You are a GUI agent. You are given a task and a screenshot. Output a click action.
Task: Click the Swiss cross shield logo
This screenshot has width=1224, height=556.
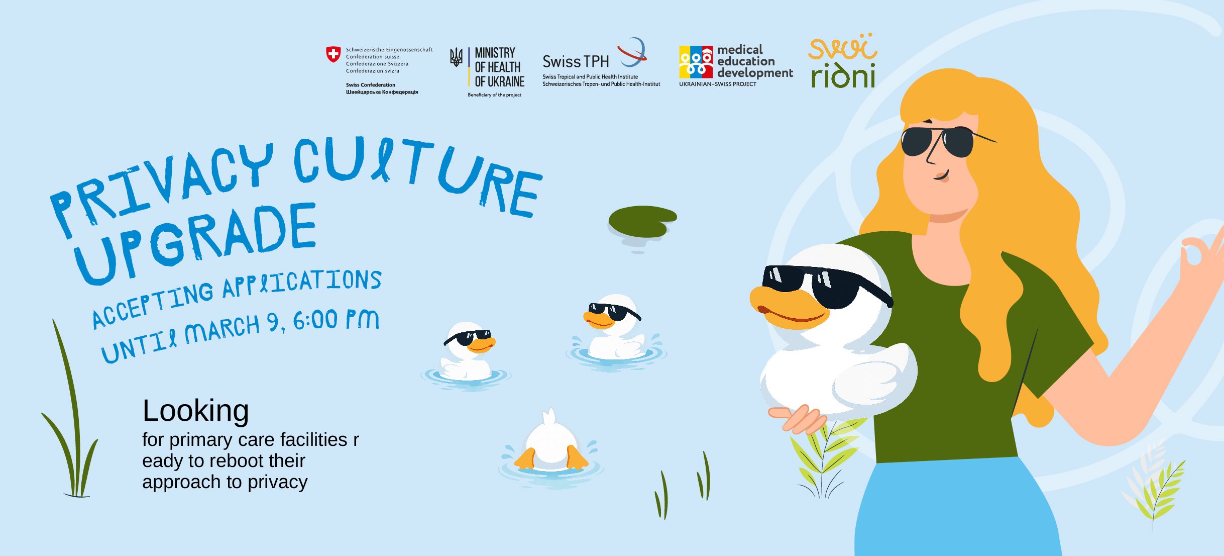333,54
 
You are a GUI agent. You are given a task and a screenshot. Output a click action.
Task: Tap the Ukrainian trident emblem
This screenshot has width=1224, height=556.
456,57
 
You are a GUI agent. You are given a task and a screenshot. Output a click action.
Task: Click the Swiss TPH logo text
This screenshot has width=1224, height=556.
576,62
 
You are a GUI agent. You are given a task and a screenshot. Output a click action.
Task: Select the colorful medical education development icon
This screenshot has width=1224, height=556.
696,62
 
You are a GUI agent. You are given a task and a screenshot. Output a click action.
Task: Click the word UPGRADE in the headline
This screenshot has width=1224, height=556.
196,242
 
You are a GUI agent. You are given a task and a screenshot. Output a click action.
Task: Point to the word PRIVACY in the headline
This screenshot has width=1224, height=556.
161,186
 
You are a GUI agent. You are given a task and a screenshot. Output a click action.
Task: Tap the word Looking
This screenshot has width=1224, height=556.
196,411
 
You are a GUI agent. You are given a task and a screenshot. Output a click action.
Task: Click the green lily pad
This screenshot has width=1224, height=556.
642,221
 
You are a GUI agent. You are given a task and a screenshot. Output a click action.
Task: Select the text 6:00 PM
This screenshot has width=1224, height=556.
336,320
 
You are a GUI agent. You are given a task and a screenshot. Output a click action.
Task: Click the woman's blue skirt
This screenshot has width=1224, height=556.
954,508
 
